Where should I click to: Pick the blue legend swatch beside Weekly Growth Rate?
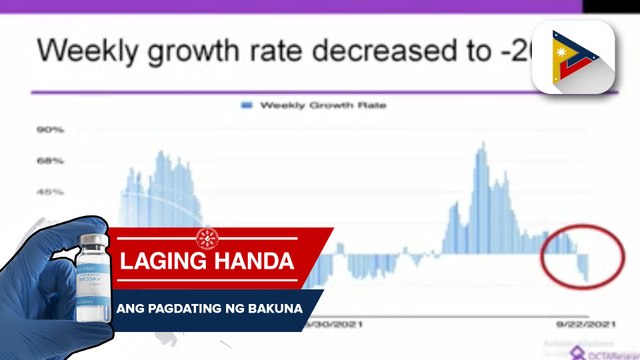pos(245,103)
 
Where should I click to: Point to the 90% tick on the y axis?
pos(50,130)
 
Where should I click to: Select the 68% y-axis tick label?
pos(50,161)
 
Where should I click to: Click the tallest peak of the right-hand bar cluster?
pos(482,146)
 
